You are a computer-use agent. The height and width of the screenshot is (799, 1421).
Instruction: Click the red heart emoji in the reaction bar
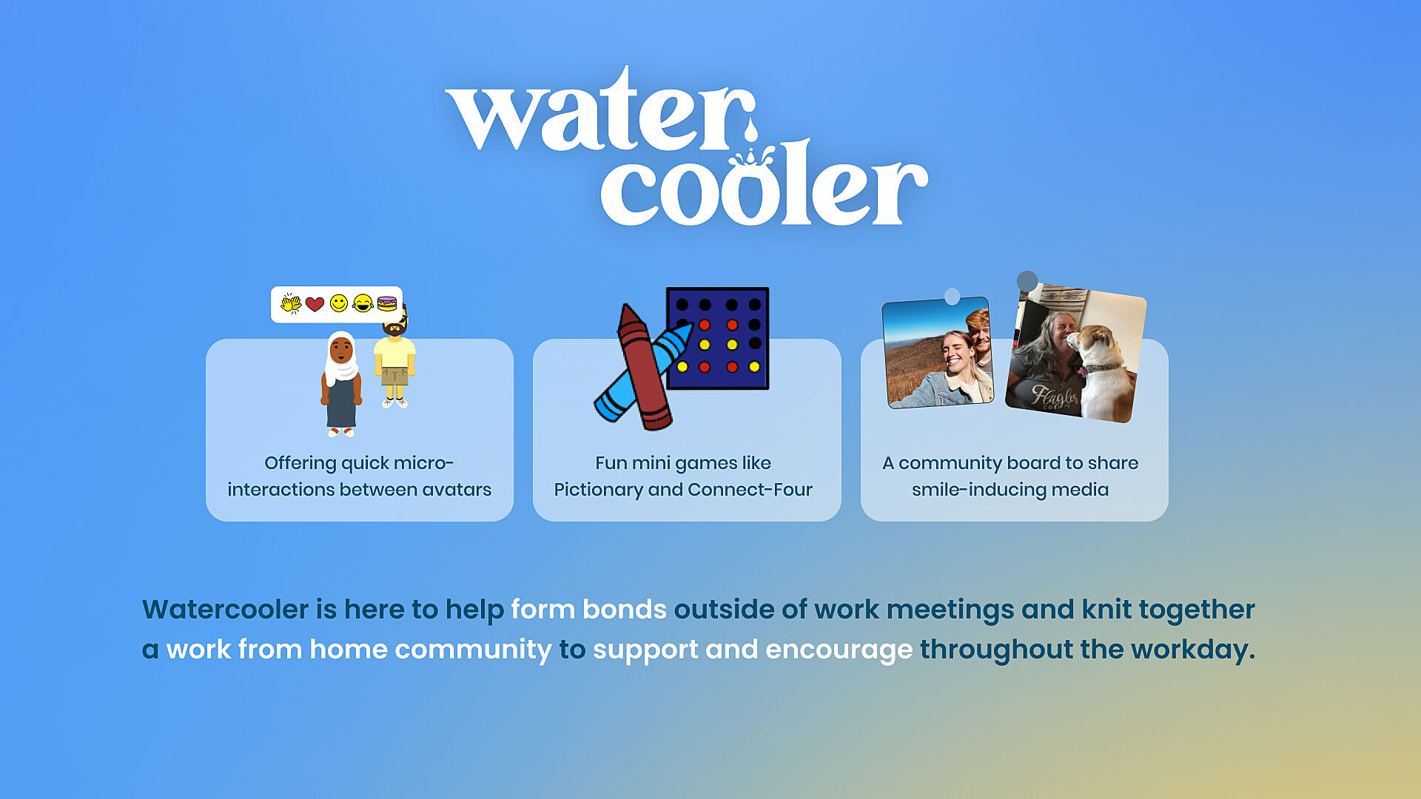(315, 304)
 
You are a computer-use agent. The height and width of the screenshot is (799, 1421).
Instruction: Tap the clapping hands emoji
(291, 303)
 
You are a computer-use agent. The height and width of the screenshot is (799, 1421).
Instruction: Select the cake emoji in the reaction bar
(387, 303)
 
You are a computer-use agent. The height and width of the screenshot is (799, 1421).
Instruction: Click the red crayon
(643, 367)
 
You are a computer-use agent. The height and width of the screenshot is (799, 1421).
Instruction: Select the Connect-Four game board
(717, 338)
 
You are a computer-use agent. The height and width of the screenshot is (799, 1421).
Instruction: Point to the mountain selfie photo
(938, 353)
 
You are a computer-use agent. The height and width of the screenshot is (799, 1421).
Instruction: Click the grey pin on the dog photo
(1027, 281)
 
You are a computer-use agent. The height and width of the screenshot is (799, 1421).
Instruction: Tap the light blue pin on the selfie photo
(953, 297)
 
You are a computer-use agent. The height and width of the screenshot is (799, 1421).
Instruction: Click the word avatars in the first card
(457, 490)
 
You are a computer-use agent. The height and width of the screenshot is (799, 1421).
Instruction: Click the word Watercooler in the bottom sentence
(226, 610)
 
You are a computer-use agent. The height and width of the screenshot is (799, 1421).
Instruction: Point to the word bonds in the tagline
(625, 610)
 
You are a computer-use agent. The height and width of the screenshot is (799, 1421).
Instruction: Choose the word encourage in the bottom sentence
(839, 650)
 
